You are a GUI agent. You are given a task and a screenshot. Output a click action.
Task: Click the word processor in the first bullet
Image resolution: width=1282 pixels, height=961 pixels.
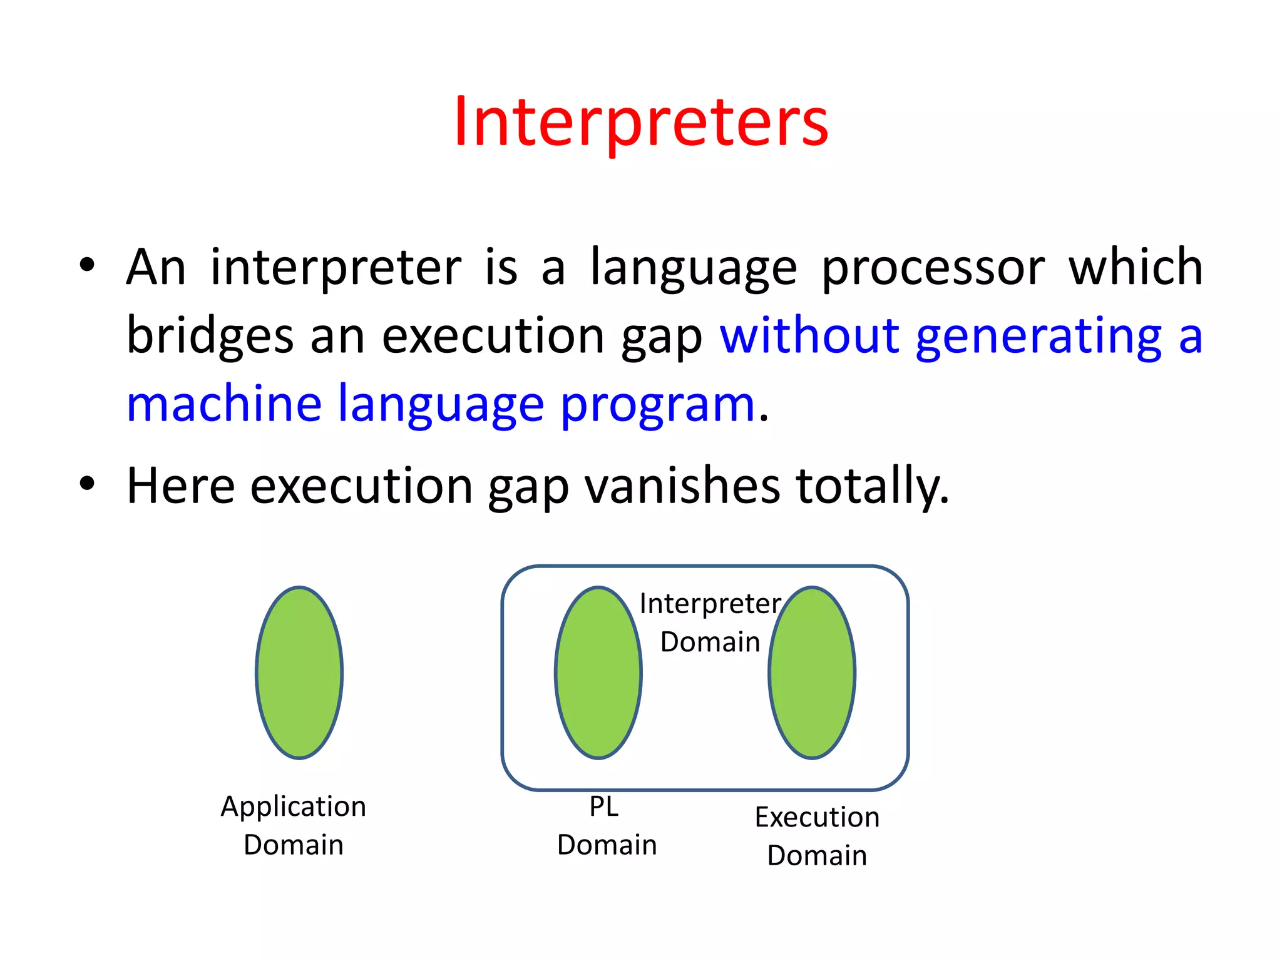click(933, 268)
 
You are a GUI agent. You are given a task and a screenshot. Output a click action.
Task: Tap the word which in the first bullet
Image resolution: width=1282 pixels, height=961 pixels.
click(1135, 268)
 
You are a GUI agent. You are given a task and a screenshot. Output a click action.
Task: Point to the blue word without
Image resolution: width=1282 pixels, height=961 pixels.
click(809, 335)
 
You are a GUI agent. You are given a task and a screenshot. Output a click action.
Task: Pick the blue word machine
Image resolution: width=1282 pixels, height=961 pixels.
click(224, 404)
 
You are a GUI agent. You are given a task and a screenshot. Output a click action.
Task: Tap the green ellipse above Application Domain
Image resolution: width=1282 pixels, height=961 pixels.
click(299, 673)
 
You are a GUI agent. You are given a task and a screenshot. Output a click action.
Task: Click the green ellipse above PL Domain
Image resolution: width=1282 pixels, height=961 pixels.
click(598, 673)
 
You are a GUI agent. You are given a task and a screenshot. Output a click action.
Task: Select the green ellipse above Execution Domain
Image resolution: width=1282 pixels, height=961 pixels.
click(812, 673)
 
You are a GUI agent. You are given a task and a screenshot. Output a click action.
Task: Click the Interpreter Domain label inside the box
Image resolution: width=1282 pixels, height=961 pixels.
click(710, 623)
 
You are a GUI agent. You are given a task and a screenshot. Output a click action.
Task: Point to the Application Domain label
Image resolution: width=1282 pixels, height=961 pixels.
click(293, 825)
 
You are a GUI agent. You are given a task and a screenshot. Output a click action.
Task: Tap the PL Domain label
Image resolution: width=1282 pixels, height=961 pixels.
click(606, 825)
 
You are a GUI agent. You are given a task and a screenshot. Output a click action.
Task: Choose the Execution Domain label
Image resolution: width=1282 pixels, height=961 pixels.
click(817, 836)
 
